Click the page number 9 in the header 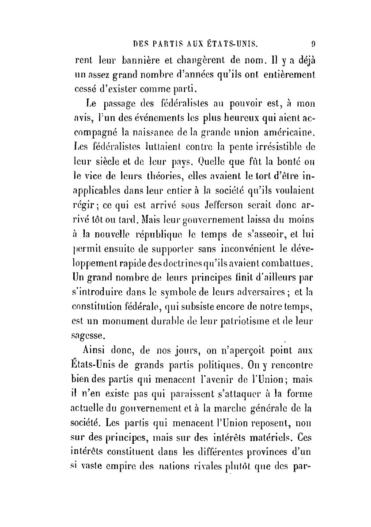click(313, 44)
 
